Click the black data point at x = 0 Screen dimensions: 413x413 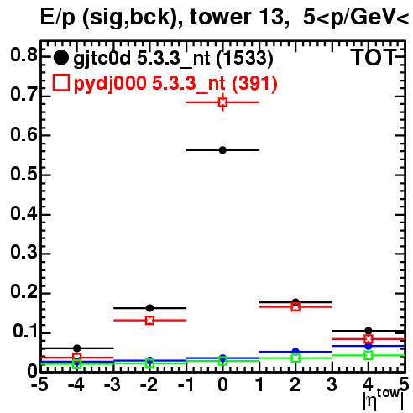click(x=222, y=150)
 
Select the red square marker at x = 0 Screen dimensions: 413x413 click(x=222, y=102)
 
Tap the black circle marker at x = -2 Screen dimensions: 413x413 click(x=149, y=308)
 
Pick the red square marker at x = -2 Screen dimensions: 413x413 click(x=150, y=320)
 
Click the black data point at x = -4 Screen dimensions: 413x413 click(x=77, y=348)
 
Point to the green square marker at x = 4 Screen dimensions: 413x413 click(x=369, y=356)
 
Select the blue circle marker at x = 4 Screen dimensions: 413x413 click(x=369, y=346)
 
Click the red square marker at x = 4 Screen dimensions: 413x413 click(x=369, y=339)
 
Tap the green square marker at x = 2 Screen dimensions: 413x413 click(x=295, y=358)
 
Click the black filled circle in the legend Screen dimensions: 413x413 click(x=60, y=58)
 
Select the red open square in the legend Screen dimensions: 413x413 click(x=61, y=83)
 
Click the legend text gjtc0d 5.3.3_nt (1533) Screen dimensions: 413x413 click(x=173, y=59)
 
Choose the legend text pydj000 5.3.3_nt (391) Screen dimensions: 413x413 click(x=175, y=84)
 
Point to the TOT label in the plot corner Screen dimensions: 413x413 click(x=374, y=57)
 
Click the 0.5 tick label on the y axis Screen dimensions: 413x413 click(x=24, y=175)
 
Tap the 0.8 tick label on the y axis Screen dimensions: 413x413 click(x=24, y=55)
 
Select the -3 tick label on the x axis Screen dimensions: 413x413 click(x=112, y=384)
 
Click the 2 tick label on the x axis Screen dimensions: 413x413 click(x=295, y=384)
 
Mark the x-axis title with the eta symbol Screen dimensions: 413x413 click(x=384, y=400)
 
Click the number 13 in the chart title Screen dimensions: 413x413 click(x=270, y=17)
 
